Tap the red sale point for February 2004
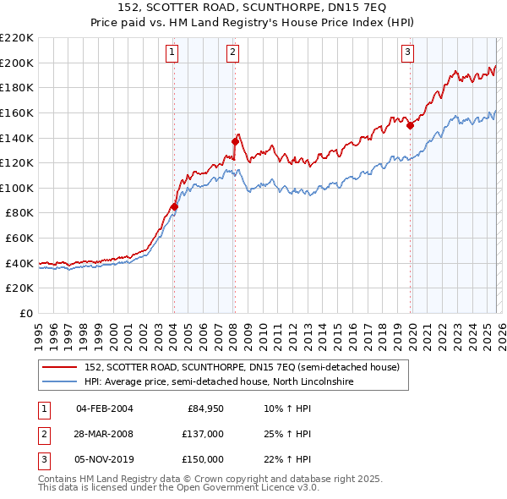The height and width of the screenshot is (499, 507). point(174,206)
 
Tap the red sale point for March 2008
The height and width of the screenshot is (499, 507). point(235,141)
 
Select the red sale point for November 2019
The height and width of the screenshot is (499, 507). point(410,125)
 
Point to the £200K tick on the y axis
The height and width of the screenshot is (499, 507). point(18,63)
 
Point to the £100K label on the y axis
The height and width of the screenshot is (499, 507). point(18,188)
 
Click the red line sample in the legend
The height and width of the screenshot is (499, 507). point(61,366)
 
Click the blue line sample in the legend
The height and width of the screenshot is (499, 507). point(61,381)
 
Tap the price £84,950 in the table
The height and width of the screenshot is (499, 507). point(203,409)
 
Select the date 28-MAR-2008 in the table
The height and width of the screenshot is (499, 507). point(104,434)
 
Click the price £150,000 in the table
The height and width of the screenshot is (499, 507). point(203,459)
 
